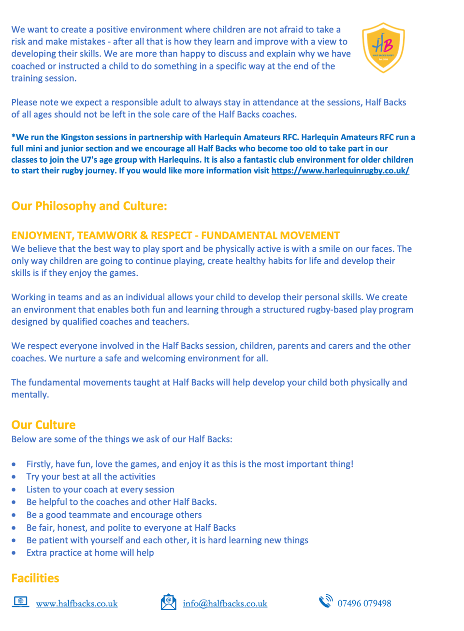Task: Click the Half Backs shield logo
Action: pyautogui.click(x=383, y=47)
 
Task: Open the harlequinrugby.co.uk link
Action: pyautogui.click(x=340, y=170)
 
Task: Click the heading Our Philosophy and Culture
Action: pyautogui.click(x=89, y=206)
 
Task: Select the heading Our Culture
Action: pyautogui.click(x=43, y=425)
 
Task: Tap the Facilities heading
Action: pyautogui.click(x=35, y=578)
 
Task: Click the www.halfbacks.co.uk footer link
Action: pyautogui.click(x=77, y=603)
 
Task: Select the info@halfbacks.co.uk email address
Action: pyautogui.click(x=225, y=603)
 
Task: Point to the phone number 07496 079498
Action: pyautogui.click(x=364, y=603)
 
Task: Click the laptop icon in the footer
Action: pyautogui.click(x=20, y=602)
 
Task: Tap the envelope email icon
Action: pyautogui.click(x=169, y=602)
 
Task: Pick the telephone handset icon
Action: pyautogui.click(x=326, y=601)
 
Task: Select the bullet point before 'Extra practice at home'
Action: pyautogui.click(x=14, y=553)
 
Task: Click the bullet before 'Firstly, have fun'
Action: pyautogui.click(x=14, y=464)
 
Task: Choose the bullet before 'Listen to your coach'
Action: pyautogui.click(x=14, y=490)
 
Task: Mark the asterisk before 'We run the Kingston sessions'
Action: pyautogui.click(x=14, y=136)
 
